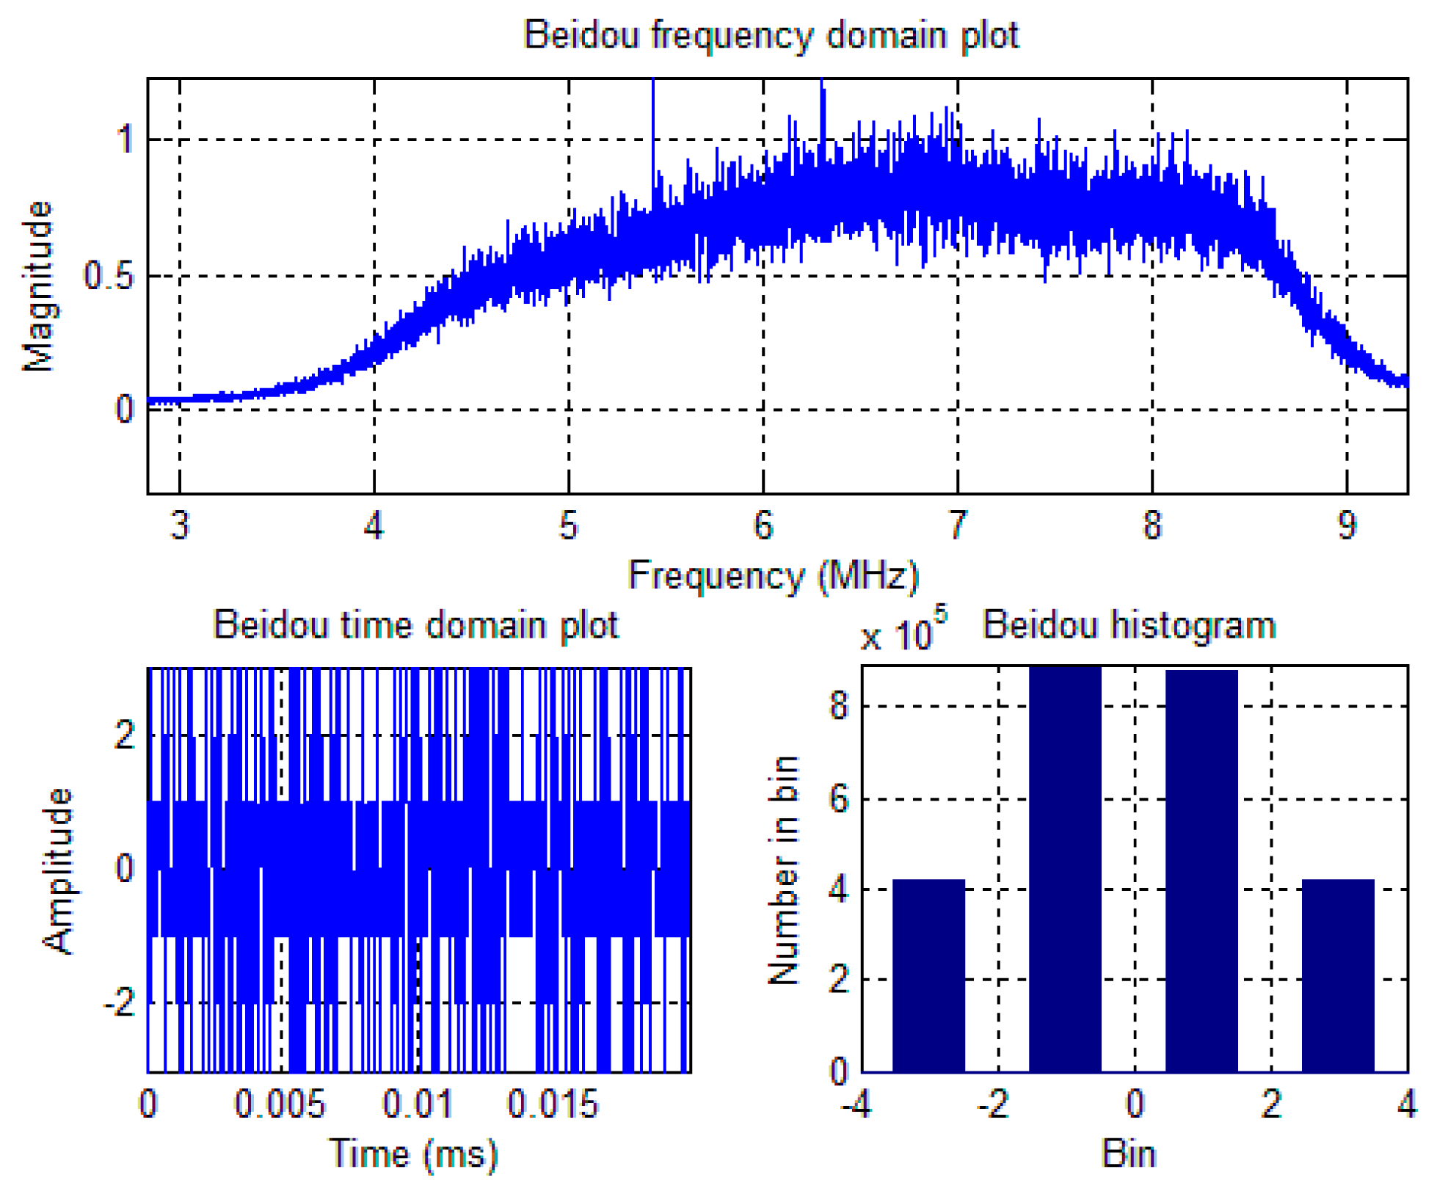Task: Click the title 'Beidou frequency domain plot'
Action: click(x=771, y=35)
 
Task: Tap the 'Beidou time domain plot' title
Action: click(x=415, y=625)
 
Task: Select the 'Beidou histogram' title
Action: click(x=1129, y=625)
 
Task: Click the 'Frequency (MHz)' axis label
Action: click(x=773, y=575)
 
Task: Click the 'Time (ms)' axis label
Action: click(x=413, y=1154)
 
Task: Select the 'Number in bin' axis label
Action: click(x=783, y=870)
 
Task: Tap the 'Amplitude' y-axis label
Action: click(x=59, y=870)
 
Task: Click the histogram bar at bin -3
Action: click(x=928, y=976)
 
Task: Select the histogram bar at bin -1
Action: click(x=1065, y=870)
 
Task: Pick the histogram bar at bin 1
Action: click(x=1201, y=871)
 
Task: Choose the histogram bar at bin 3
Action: click(x=1338, y=976)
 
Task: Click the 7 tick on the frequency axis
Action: click(x=957, y=525)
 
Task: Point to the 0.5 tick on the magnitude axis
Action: click(x=109, y=277)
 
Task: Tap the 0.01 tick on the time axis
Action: click(x=418, y=1104)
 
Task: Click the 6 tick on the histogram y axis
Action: click(x=839, y=798)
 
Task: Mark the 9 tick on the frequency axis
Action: click(x=1347, y=525)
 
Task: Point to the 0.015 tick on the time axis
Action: click(x=553, y=1104)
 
